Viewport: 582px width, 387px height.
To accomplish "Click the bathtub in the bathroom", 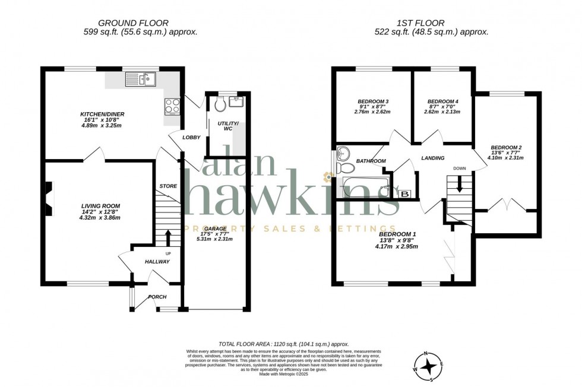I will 363,188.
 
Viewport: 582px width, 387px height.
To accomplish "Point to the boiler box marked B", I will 406,193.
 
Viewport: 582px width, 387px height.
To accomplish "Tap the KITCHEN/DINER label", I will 102,114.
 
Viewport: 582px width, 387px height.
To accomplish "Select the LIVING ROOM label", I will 100,206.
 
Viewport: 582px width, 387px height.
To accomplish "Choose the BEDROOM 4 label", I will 442,101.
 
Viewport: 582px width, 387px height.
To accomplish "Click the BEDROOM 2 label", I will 506,147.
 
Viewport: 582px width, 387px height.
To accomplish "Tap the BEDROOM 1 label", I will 397,234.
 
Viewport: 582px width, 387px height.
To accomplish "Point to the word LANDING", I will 433,158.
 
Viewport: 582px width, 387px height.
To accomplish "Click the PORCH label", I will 157,297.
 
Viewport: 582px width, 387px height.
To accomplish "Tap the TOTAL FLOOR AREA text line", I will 283,344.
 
